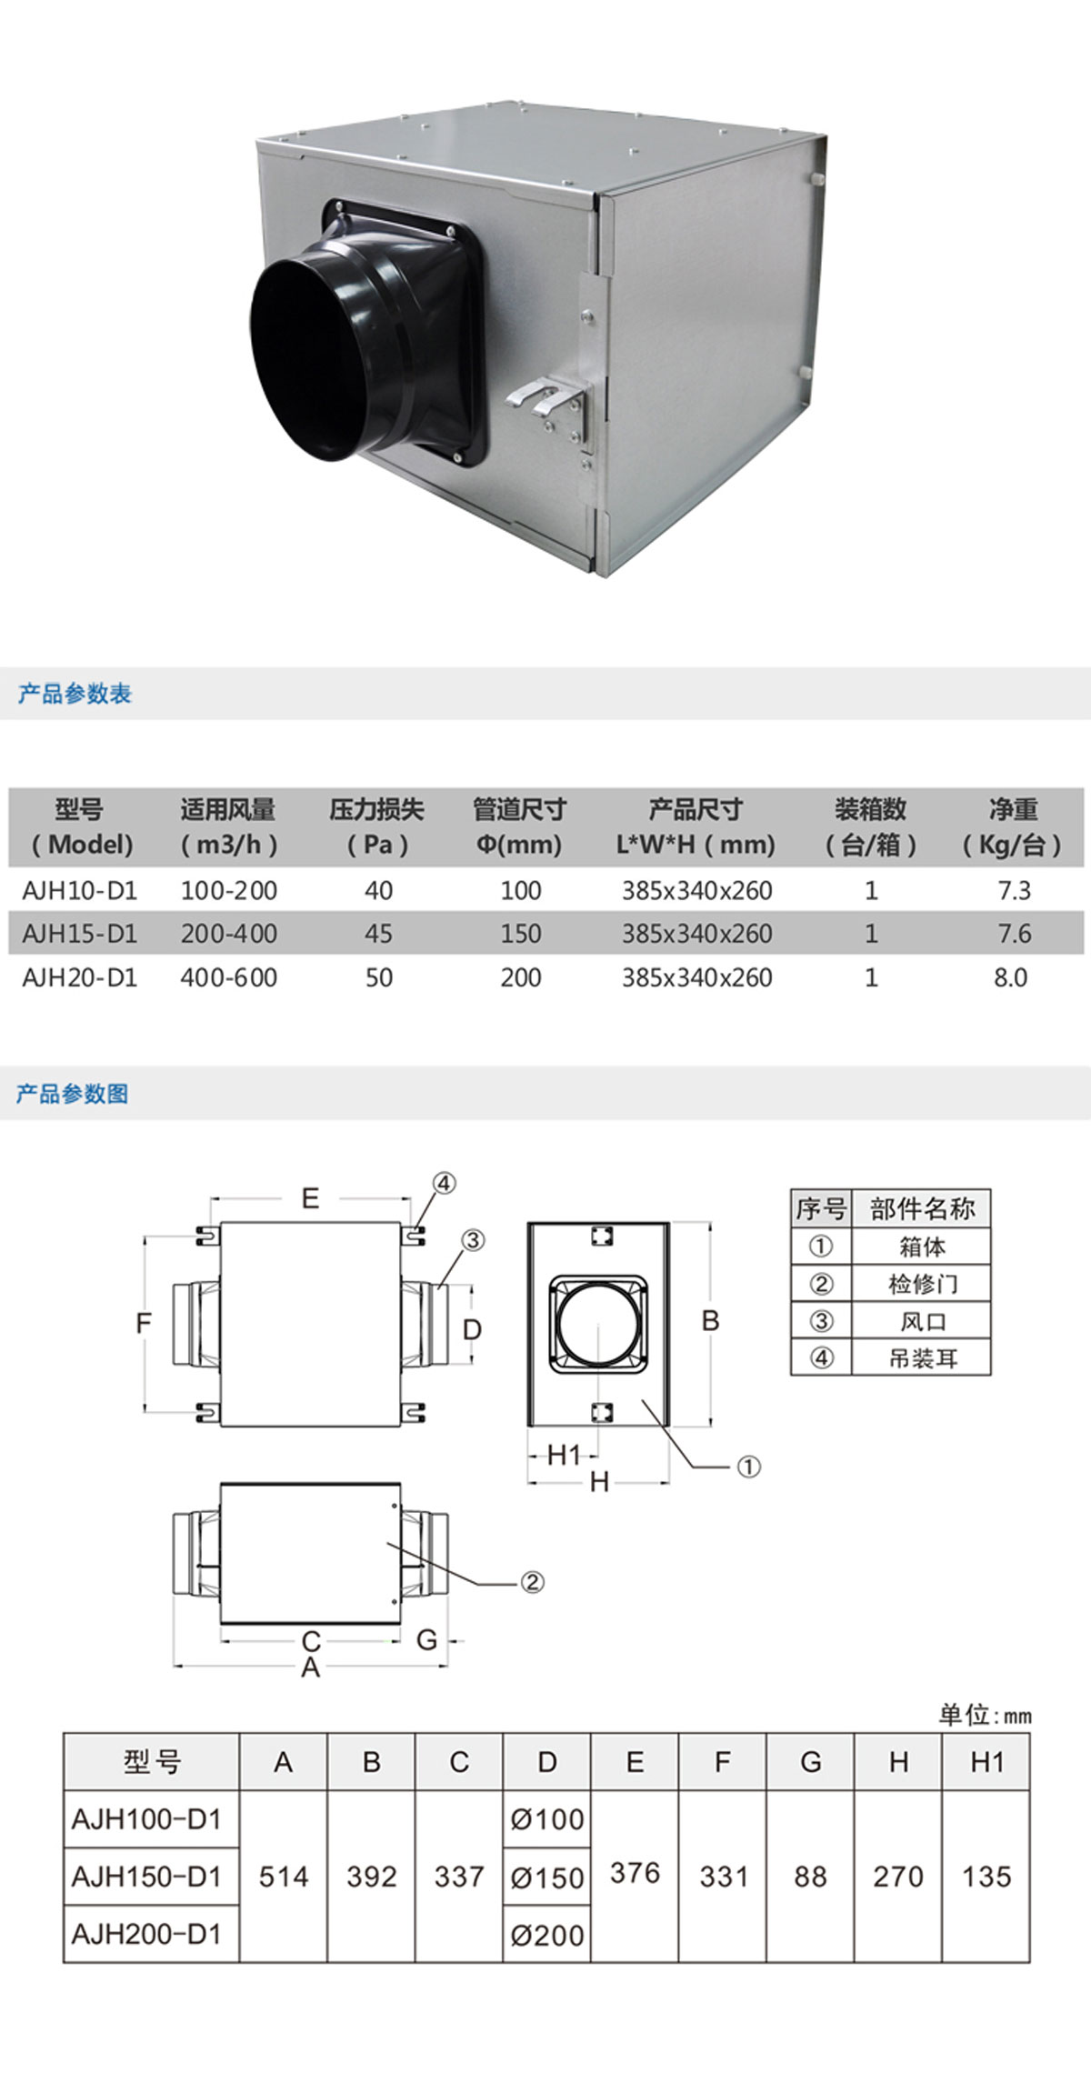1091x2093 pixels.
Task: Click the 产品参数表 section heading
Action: (x=75, y=695)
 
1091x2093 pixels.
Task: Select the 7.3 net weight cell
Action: (x=1014, y=891)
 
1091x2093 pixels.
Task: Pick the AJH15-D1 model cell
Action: (x=79, y=934)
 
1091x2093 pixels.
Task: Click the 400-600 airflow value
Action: (x=228, y=978)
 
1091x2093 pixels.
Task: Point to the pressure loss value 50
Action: (x=378, y=978)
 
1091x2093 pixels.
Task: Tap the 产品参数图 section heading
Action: (x=73, y=1094)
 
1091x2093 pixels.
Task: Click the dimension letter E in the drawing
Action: (x=310, y=1198)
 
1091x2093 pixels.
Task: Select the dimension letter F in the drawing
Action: (x=144, y=1324)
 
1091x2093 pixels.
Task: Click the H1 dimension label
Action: (x=564, y=1456)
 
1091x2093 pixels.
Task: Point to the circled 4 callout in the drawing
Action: (x=443, y=1184)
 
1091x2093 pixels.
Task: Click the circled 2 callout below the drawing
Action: (x=532, y=1583)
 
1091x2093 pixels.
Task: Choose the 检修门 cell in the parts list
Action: (x=922, y=1284)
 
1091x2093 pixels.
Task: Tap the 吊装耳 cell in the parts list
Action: (x=922, y=1358)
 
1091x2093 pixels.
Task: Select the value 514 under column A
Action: (x=284, y=1877)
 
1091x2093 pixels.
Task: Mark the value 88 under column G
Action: (x=810, y=1877)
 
